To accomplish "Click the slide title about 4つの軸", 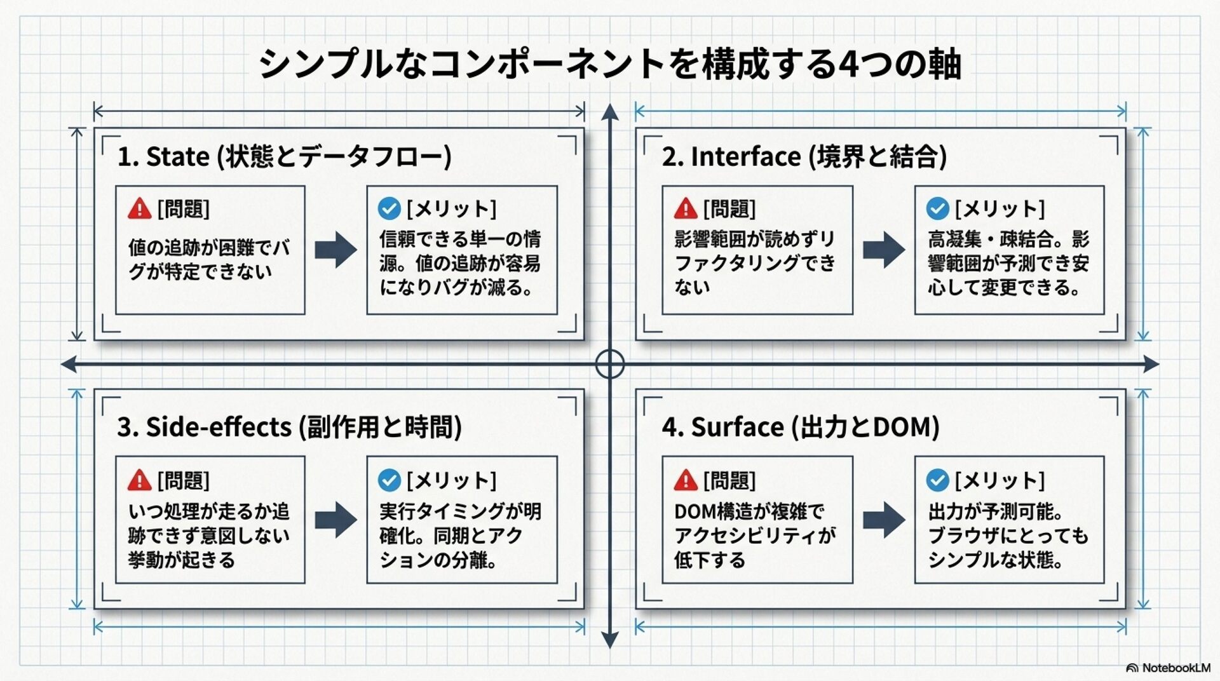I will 610,64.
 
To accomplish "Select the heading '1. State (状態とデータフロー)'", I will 284,156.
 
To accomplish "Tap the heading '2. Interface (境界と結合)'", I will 804,156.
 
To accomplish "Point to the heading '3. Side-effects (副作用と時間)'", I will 289,427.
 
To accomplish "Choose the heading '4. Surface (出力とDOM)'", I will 801,427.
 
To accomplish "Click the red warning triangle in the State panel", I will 139,208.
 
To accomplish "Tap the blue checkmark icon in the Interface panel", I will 937,208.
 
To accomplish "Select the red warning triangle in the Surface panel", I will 686,480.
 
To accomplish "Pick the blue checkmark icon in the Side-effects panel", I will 389,480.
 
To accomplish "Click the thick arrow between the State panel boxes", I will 335,249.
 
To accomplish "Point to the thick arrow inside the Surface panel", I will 883,520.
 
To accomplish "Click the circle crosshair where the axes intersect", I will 610,364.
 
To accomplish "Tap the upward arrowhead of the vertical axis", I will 610,112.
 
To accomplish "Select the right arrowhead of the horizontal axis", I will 1151,364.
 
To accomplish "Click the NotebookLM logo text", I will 1175,668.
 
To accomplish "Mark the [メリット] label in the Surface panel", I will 1000,480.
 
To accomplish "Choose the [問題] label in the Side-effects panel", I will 184,480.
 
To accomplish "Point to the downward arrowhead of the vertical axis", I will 610,640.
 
